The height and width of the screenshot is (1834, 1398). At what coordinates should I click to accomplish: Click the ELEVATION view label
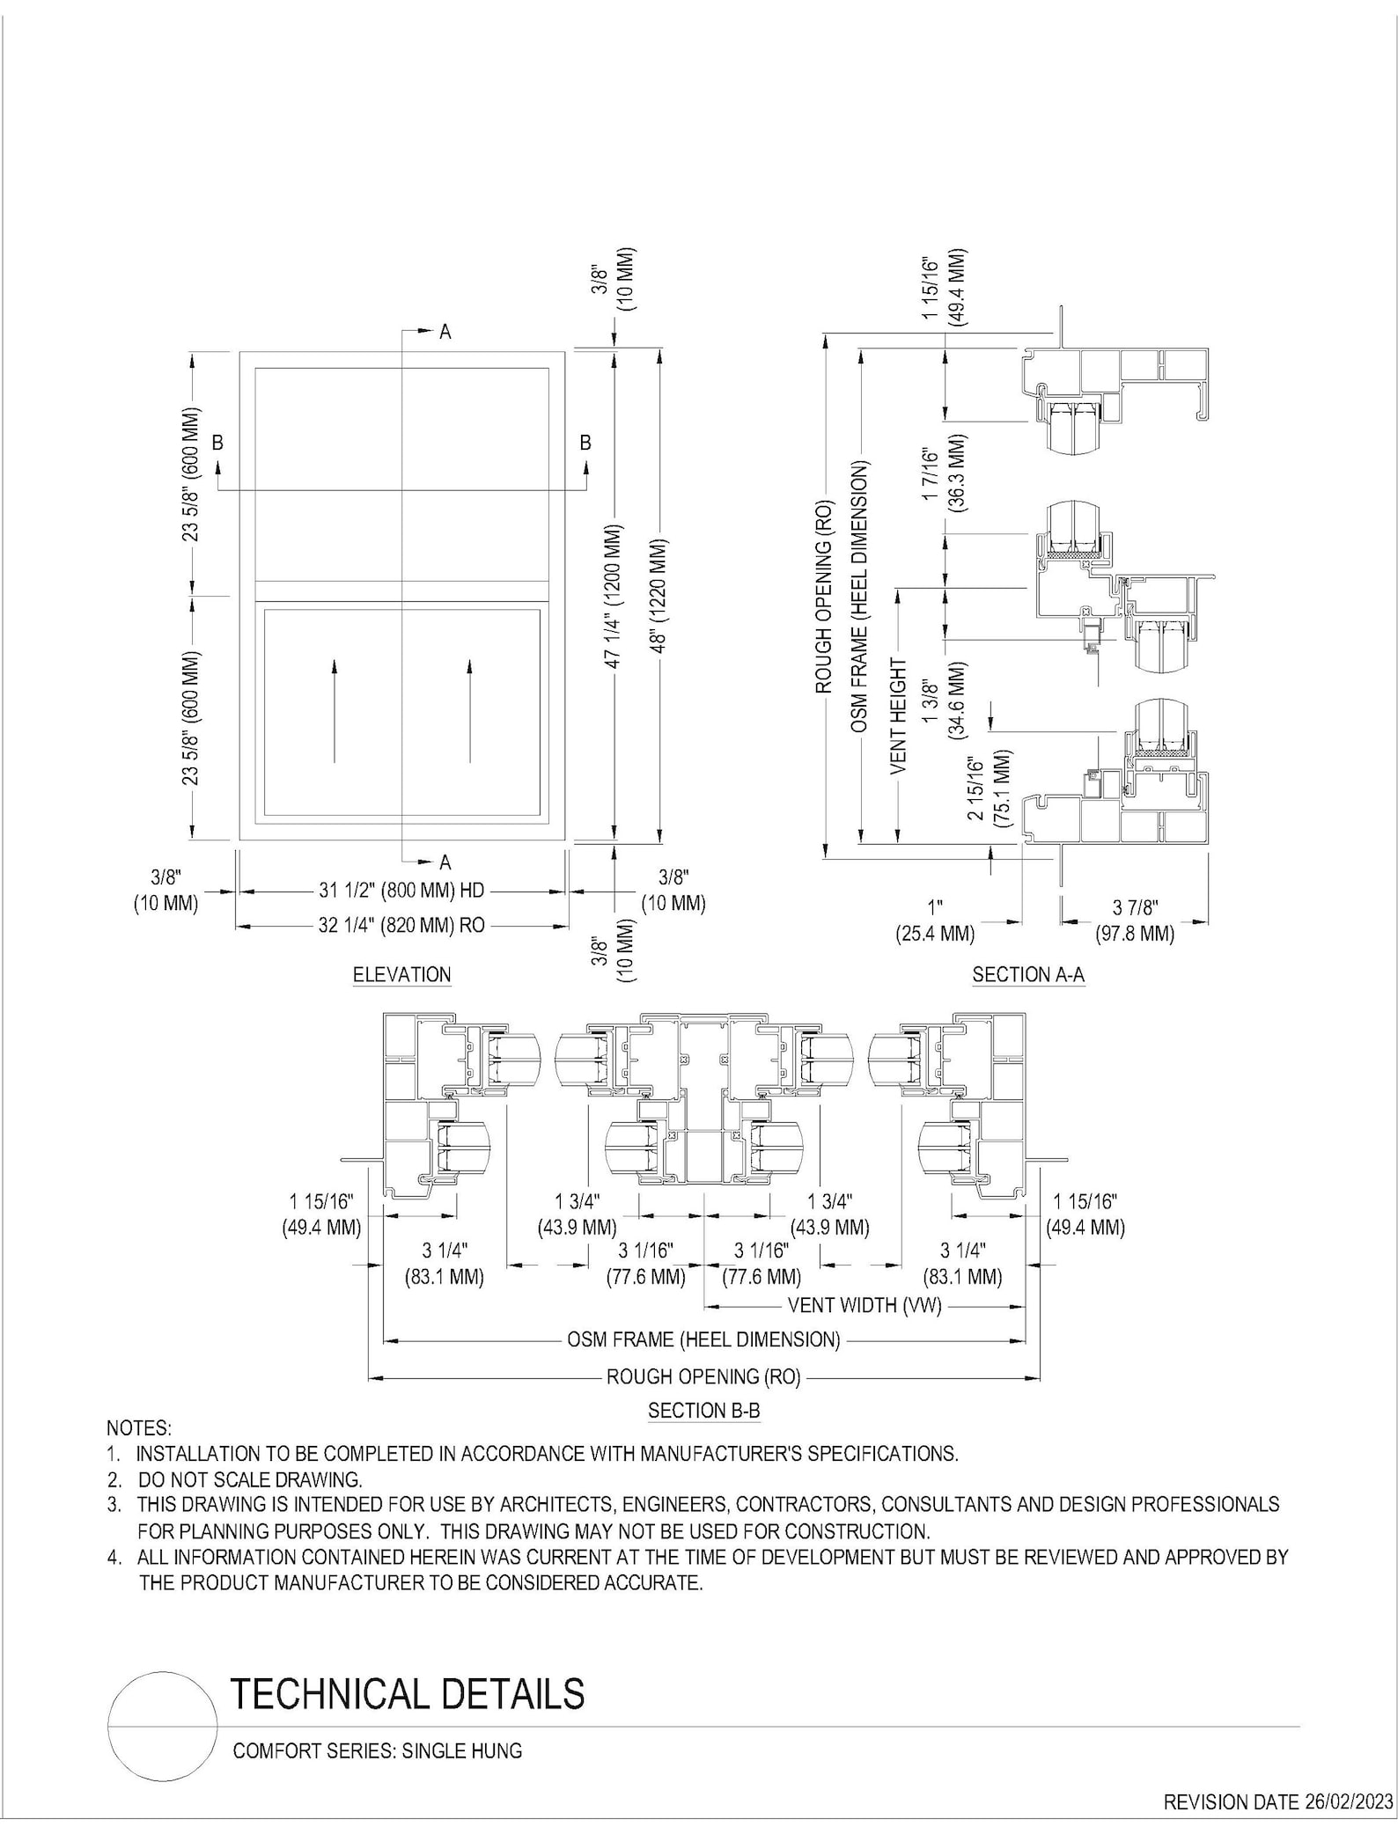coord(401,974)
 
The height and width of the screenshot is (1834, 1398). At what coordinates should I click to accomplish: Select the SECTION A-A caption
coord(1028,974)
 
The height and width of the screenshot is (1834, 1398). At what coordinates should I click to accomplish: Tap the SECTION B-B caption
coord(703,1410)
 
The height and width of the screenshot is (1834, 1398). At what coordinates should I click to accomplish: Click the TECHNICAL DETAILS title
coord(407,1692)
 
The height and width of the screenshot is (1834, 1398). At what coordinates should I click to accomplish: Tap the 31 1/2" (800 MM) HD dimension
coord(401,891)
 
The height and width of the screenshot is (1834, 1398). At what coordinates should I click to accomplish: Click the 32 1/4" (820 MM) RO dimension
coord(401,925)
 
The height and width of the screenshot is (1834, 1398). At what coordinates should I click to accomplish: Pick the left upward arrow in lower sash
coord(335,710)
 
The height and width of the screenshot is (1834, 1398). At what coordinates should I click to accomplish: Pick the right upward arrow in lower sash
coord(469,710)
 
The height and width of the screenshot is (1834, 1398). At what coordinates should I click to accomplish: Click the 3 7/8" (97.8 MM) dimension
coord(1135,921)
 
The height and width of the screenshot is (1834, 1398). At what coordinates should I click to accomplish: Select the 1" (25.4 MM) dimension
coord(935,921)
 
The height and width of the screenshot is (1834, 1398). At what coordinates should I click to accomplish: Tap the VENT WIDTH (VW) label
coord(864,1305)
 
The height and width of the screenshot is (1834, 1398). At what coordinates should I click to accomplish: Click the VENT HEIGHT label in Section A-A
coord(898,716)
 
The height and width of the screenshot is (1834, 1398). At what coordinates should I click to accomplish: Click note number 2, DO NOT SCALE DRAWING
coord(249,1478)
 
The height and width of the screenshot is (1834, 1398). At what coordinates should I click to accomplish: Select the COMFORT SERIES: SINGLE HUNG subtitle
coord(377,1750)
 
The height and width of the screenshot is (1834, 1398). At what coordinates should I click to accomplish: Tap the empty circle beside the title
coord(163,1727)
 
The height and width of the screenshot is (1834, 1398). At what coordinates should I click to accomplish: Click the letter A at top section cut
coord(445,332)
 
